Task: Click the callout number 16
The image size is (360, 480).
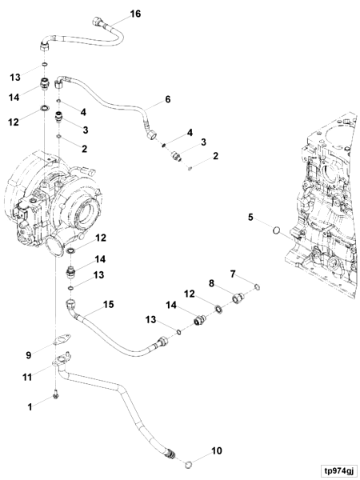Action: pos(134,15)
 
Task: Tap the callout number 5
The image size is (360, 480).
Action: pos(250,217)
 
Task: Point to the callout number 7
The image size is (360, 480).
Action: pos(232,274)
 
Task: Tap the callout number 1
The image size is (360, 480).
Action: pos(30,406)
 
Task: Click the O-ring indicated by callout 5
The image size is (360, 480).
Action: pos(275,232)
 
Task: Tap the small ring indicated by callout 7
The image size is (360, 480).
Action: pos(256,287)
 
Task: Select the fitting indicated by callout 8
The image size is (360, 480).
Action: pos(237,300)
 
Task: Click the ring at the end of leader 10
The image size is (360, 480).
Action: pos(188,462)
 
